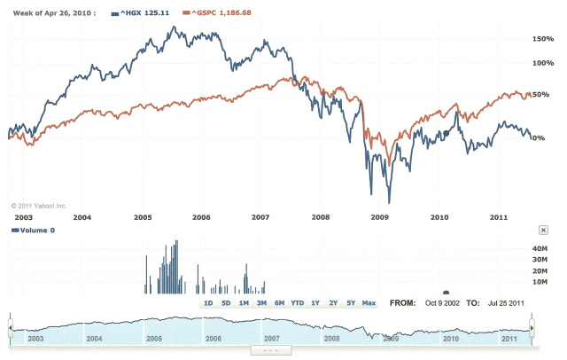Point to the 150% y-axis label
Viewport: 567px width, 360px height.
542,40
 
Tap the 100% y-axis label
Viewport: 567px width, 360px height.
542,64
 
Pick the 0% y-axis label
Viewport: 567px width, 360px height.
538,137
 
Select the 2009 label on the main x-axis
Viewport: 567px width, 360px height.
379,217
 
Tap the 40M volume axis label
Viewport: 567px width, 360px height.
540,248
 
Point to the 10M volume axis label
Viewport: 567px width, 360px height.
540,281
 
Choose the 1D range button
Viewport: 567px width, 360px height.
208,303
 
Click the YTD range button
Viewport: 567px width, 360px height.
297,303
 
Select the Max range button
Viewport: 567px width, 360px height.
369,303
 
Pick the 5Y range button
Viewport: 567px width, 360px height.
351,303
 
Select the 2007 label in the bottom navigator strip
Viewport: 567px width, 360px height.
272,338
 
